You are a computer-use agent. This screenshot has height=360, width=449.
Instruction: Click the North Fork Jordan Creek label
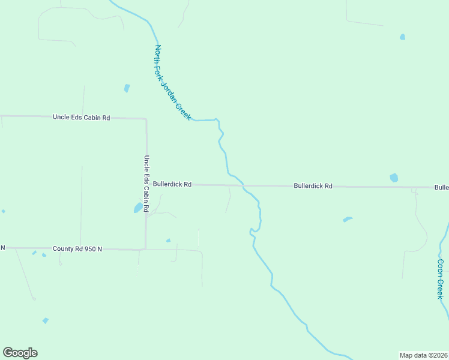[173, 82]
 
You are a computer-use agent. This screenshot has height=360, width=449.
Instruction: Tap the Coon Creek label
[441, 278]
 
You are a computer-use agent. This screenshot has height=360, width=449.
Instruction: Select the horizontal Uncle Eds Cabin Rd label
[82, 118]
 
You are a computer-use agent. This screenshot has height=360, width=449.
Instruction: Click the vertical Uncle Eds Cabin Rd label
[146, 182]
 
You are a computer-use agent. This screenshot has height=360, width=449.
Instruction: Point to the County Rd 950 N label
[77, 248]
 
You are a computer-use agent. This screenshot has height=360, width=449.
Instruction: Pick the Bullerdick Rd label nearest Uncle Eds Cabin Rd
[172, 185]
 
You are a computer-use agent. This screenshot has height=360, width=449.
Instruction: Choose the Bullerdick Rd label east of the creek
[313, 186]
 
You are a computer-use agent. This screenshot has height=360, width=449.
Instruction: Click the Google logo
[20, 353]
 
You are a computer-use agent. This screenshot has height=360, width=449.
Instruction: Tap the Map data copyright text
[424, 355]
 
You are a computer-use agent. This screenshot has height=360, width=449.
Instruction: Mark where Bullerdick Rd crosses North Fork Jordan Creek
[243, 185]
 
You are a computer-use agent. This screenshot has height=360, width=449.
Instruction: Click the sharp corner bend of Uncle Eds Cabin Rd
[146, 119]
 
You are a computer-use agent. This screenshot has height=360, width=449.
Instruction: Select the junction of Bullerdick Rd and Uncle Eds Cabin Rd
[146, 185]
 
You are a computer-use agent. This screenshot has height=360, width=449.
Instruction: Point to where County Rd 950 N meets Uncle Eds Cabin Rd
[145, 248]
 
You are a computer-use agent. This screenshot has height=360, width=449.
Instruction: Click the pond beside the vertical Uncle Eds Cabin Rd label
[138, 208]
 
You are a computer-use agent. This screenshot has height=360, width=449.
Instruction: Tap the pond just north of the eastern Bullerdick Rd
[394, 178]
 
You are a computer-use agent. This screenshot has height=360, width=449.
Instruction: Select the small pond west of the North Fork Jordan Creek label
[127, 88]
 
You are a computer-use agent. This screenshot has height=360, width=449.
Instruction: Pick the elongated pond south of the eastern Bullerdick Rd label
[347, 219]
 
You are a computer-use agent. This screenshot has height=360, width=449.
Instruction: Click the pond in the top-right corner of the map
[402, 37]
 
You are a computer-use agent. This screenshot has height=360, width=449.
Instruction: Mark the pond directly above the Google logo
[45, 321]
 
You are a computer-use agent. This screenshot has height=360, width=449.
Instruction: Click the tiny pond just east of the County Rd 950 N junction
[168, 241]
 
